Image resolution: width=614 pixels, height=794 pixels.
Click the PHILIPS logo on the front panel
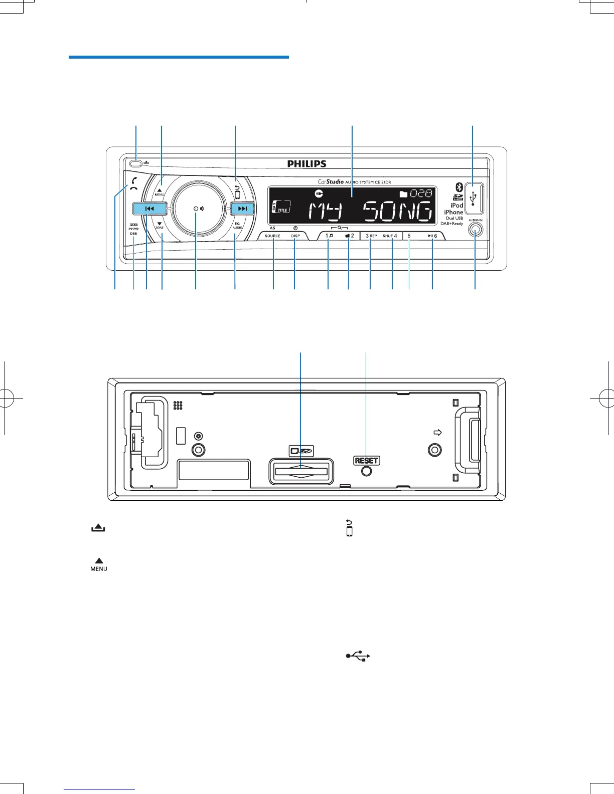point(307,164)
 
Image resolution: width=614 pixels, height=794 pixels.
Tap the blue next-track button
point(243,209)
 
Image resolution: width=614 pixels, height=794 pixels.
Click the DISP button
point(295,236)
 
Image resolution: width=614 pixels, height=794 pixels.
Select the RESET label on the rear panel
point(367,461)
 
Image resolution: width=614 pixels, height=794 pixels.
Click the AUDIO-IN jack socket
point(475,230)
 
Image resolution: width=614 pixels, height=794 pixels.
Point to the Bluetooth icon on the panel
point(458,187)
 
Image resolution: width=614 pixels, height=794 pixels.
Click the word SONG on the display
point(397,212)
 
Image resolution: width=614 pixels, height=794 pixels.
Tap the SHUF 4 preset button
point(390,236)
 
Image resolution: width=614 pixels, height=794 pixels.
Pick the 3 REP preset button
point(371,236)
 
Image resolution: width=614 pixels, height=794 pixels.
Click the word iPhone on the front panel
point(453,212)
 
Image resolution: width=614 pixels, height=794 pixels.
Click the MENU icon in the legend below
point(99,565)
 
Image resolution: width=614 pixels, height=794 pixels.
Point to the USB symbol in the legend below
point(358,656)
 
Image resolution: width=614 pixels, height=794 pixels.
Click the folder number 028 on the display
point(421,193)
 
